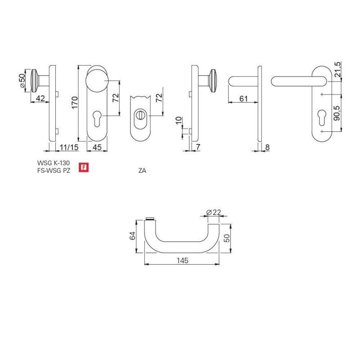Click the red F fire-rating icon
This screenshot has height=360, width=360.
click(84, 167)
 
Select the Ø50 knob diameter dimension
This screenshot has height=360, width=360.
click(22, 81)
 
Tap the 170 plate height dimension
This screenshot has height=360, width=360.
click(75, 103)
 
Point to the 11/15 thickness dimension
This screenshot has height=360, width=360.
click(69, 147)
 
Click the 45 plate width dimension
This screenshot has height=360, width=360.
click(97, 147)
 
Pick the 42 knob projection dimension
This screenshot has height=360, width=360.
click(40, 98)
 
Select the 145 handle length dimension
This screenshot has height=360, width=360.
click(183, 261)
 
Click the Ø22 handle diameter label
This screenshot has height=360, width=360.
click(213, 212)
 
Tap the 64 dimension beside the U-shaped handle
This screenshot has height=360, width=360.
click(132, 236)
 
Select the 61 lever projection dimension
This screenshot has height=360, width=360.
click(243, 99)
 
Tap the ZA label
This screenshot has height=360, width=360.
click(142, 171)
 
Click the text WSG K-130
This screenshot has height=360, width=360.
click(53, 163)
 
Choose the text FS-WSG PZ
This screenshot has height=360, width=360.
click(54, 171)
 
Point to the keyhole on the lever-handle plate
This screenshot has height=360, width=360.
click(321, 117)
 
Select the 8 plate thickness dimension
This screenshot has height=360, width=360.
click(267, 147)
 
